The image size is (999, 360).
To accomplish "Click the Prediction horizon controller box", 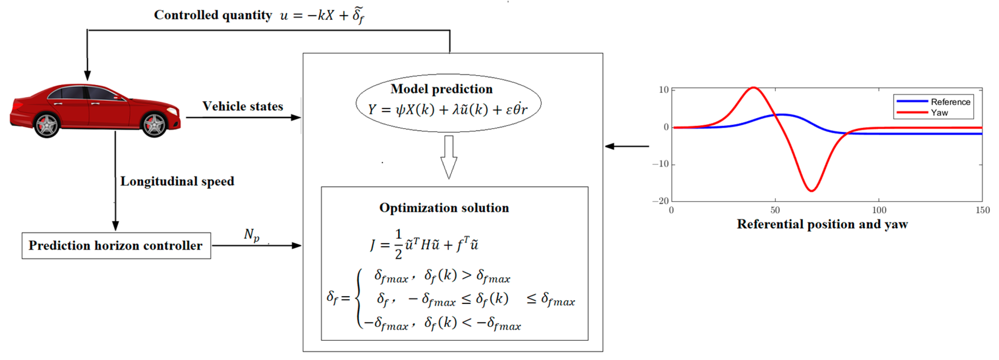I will pyautogui.click(x=116, y=245).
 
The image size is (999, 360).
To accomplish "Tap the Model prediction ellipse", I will pyautogui.click(x=448, y=103).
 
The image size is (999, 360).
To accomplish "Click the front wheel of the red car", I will pyautogui.click(x=154, y=125).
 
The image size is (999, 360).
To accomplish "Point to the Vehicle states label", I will pyautogui.click(x=243, y=106).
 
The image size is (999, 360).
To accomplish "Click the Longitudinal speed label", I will pyautogui.click(x=177, y=181).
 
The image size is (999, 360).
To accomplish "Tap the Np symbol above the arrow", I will pyautogui.click(x=251, y=235).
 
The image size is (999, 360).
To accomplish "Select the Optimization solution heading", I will pyautogui.click(x=444, y=208).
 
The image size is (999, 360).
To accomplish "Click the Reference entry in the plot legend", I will pyautogui.click(x=950, y=102).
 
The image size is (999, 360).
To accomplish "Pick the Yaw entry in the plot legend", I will pyautogui.click(x=939, y=112).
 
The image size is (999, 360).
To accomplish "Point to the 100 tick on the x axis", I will pyautogui.click(x=879, y=210).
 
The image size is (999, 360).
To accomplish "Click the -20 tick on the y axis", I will pyautogui.click(x=661, y=201).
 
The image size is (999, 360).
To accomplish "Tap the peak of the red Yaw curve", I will pyautogui.click(x=754, y=88).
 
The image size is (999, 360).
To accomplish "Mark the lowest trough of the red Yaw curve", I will pyautogui.click(x=811, y=191).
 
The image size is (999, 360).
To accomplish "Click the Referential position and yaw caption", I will pyautogui.click(x=822, y=224).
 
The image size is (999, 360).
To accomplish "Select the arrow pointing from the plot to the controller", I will pyautogui.click(x=627, y=146).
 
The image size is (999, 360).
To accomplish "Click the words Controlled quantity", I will pyautogui.click(x=213, y=15).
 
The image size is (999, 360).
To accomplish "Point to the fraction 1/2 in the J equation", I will pyautogui.click(x=398, y=244).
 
